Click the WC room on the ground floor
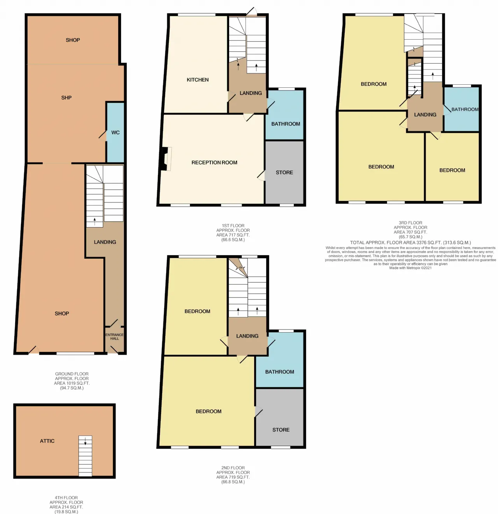tap(115, 132)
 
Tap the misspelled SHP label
tap(67, 98)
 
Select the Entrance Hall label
tap(114, 336)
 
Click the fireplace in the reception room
tap(166, 159)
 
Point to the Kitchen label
tap(198, 80)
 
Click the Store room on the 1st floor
tap(284, 172)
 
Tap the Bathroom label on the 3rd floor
tap(465, 109)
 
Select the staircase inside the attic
tap(86, 456)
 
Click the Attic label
tap(47, 441)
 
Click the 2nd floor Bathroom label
tap(280, 372)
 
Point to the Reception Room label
tap(214, 162)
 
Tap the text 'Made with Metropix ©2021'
tap(410, 268)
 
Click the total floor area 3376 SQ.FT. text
tap(410, 242)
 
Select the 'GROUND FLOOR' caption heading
tap(72, 374)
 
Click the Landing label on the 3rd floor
tap(425, 115)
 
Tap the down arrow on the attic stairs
tap(85, 441)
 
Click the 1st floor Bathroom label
tap(286, 124)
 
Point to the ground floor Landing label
tap(105, 242)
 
